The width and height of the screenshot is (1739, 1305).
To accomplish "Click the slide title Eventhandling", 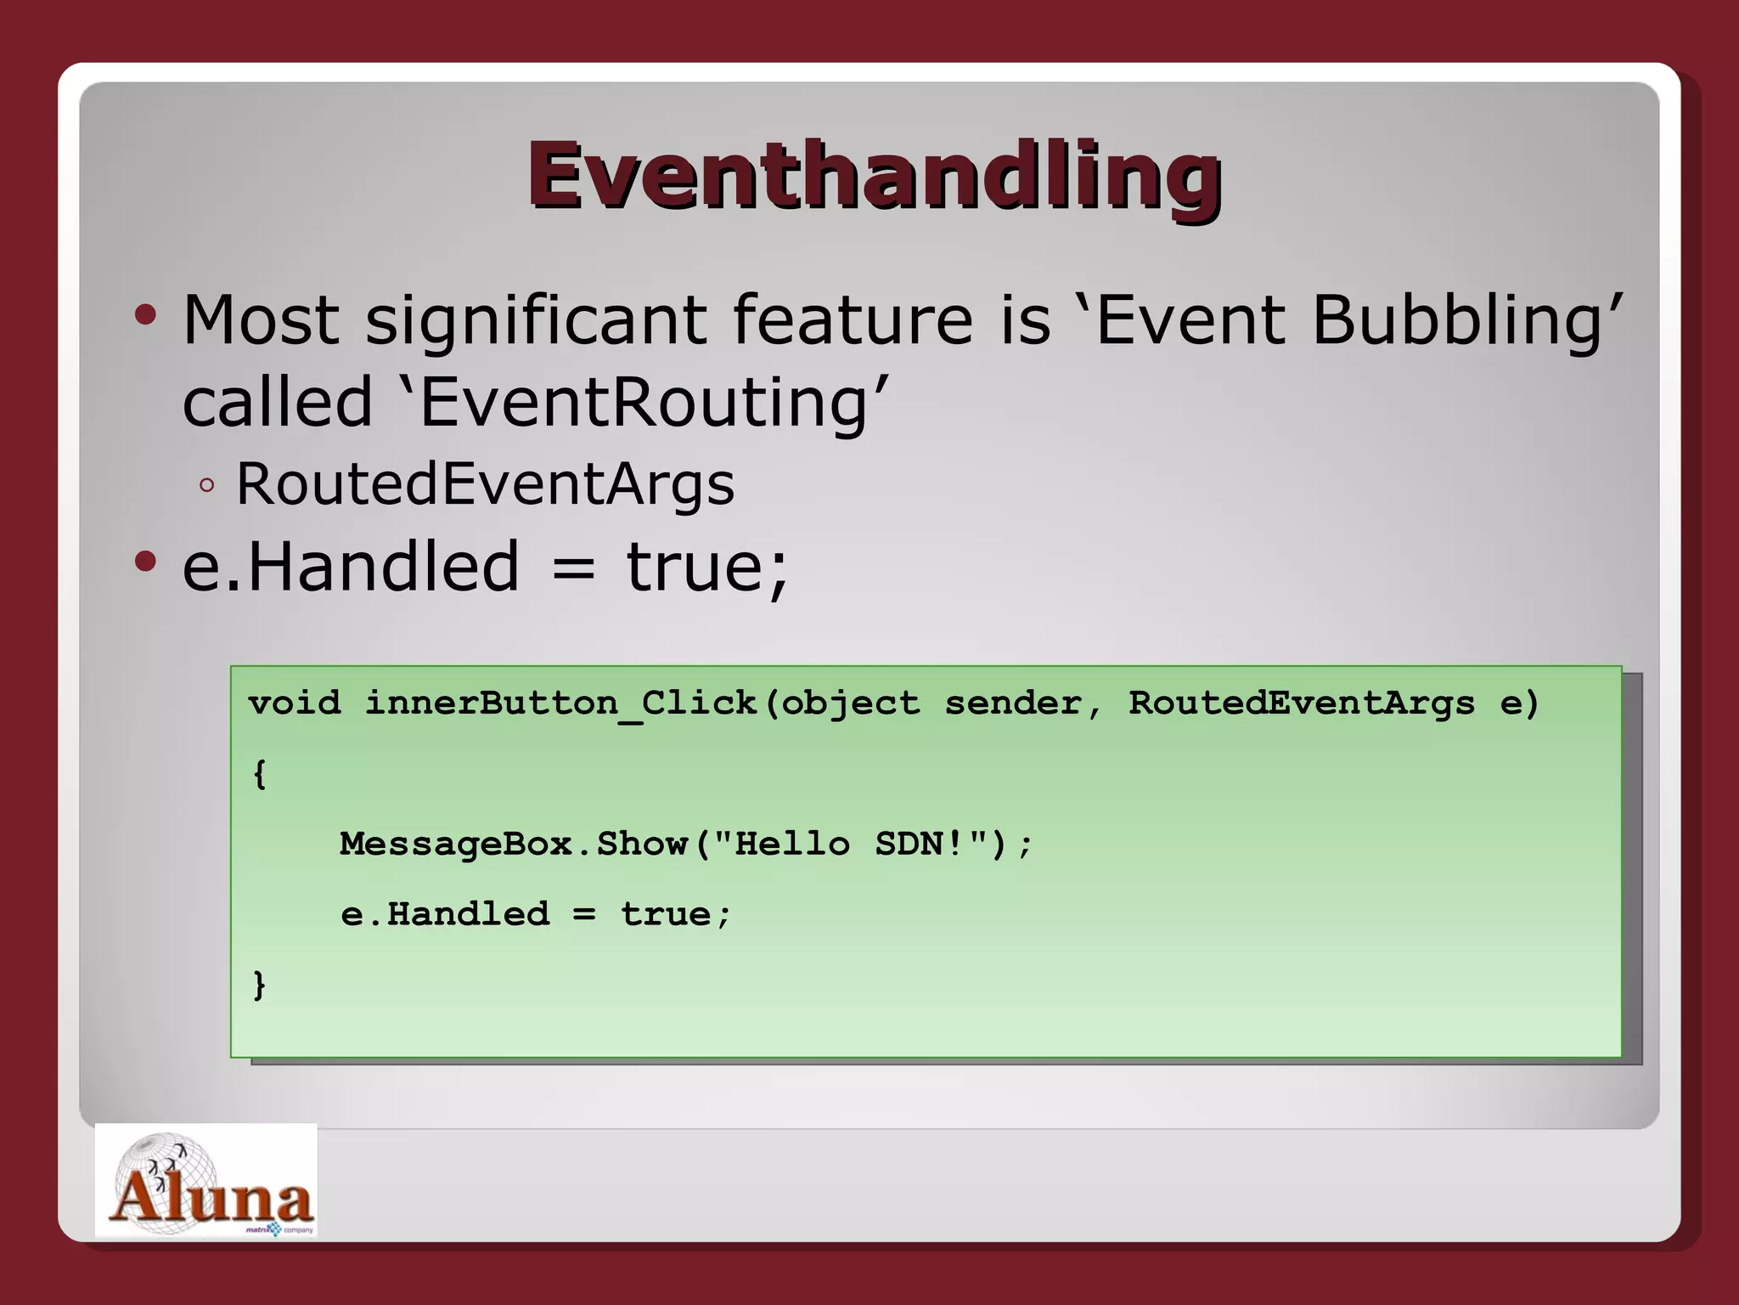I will [875, 176].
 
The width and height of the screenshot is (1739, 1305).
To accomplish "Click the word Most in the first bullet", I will [261, 320].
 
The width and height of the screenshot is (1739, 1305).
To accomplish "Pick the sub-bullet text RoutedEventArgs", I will [485, 484].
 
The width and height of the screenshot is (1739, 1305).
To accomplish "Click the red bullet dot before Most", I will [145, 316].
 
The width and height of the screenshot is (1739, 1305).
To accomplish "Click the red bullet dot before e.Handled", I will [145, 562].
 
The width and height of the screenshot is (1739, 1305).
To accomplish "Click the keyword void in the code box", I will [295, 703].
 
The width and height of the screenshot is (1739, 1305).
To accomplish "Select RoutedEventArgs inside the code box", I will [1301, 703].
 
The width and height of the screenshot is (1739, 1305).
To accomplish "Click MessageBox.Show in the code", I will [514, 845].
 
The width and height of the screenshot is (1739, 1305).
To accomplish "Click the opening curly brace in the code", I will [260, 774].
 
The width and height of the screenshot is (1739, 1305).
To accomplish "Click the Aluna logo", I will [206, 1181].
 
